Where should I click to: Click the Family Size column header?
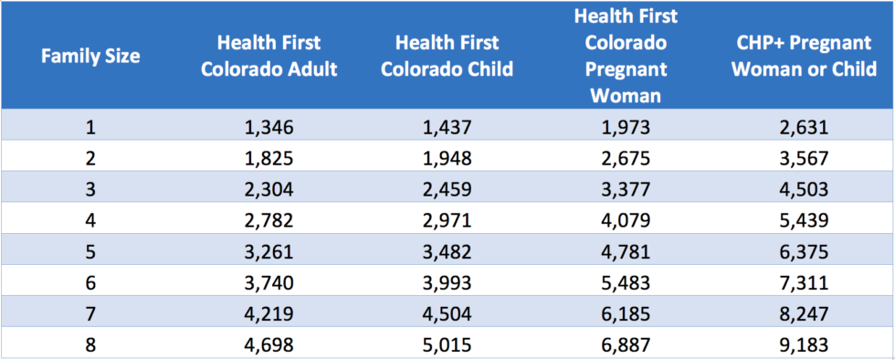tap(90, 56)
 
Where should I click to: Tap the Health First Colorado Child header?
tap(447, 56)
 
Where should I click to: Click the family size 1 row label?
tap(90, 127)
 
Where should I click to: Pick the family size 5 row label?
tap(90, 251)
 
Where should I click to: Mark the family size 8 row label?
tap(90, 344)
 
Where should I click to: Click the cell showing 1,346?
tap(268, 127)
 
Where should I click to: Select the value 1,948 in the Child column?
tap(447, 158)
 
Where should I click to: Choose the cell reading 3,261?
tap(268, 251)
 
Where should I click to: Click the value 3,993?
tap(447, 282)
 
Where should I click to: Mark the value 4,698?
tap(268, 344)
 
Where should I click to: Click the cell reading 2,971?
tap(447, 220)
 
